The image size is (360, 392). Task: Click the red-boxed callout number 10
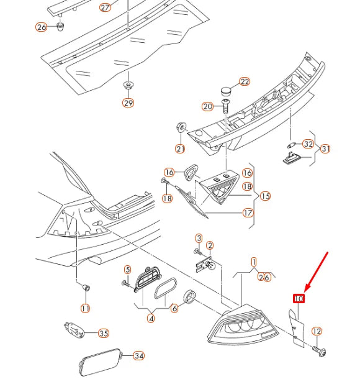[299, 298]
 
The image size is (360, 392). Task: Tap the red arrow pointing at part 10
[316, 273]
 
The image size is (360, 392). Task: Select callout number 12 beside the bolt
[317, 331]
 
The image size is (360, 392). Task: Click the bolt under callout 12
[319, 350]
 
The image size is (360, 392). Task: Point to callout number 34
[138, 355]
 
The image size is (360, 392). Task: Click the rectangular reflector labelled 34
[101, 362]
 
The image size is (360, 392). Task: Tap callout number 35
[104, 333]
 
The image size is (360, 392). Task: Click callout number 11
[86, 308]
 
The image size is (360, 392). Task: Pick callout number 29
[128, 103]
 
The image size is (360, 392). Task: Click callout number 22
[245, 81]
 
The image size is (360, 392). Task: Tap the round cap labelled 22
[226, 91]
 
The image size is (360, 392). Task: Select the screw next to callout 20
[225, 106]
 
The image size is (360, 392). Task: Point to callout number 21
[180, 148]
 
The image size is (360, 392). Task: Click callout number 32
[308, 144]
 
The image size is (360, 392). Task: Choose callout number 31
[325, 148]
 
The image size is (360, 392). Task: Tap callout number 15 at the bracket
[265, 196]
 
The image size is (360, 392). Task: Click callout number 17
[248, 213]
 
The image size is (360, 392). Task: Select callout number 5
[127, 270]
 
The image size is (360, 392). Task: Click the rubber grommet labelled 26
[60, 26]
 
